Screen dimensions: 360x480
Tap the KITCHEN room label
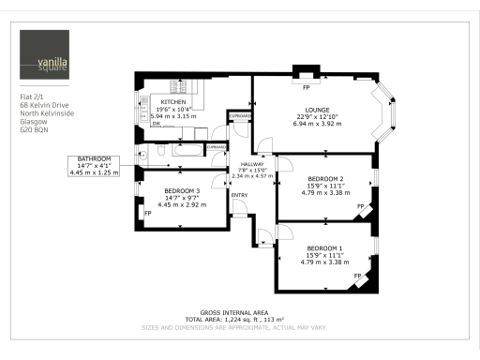(173, 101)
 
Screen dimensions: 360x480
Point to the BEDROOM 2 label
(325, 178)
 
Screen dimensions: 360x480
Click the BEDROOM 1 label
(325, 247)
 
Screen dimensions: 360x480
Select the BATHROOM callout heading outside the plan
(95, 159)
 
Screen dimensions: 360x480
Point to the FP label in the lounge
(306, 87)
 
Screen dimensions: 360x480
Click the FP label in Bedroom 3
(147, 213)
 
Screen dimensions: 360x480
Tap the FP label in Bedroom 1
(359, 275)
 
